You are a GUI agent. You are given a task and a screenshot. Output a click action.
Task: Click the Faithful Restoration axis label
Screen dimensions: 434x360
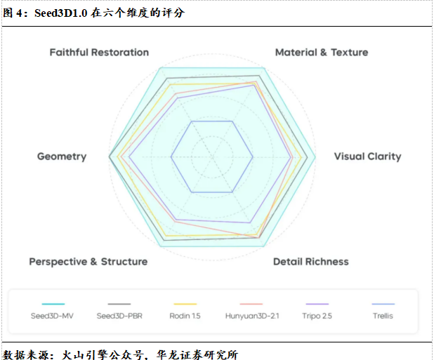99,53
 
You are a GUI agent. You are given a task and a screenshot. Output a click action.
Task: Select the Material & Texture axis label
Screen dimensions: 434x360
321,53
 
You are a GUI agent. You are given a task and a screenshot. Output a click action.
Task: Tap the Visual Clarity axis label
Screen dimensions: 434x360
367,156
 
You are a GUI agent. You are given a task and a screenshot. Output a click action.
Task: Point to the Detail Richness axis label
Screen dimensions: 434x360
310,262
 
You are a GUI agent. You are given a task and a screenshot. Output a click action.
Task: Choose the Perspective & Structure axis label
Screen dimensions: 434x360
88,262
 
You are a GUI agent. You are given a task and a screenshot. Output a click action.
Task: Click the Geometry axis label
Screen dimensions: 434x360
62,156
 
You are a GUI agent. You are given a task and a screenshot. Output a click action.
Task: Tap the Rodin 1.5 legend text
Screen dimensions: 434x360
185,316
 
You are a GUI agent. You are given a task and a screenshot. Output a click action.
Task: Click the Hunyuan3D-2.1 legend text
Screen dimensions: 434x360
252,316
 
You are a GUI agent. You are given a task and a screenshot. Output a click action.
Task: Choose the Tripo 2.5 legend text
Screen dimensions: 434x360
317,316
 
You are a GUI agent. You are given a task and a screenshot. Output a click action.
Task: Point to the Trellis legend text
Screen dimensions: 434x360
383,316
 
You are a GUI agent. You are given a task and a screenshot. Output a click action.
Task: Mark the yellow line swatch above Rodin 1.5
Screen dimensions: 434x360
185,304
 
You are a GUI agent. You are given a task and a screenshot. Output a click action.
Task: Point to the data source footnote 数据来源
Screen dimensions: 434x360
121,353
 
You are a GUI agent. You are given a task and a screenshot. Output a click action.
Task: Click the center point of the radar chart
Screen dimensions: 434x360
212,156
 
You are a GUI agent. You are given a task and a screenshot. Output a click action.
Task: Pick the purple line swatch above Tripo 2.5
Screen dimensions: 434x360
317,304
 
